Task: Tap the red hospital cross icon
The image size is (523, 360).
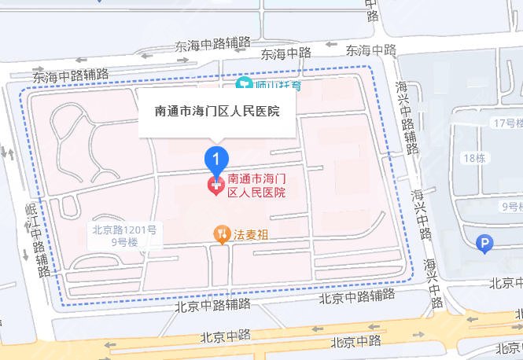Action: coord(215,186)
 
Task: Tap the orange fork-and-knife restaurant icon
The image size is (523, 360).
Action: coord(222,233)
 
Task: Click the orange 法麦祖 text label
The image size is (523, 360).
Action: coord(251,233)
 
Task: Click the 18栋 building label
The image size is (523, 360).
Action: coord(474,157)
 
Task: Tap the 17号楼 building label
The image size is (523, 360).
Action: coord(504,123)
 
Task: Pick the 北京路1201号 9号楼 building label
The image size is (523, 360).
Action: coord(123,236)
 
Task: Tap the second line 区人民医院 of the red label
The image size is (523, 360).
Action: coord(256,192)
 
